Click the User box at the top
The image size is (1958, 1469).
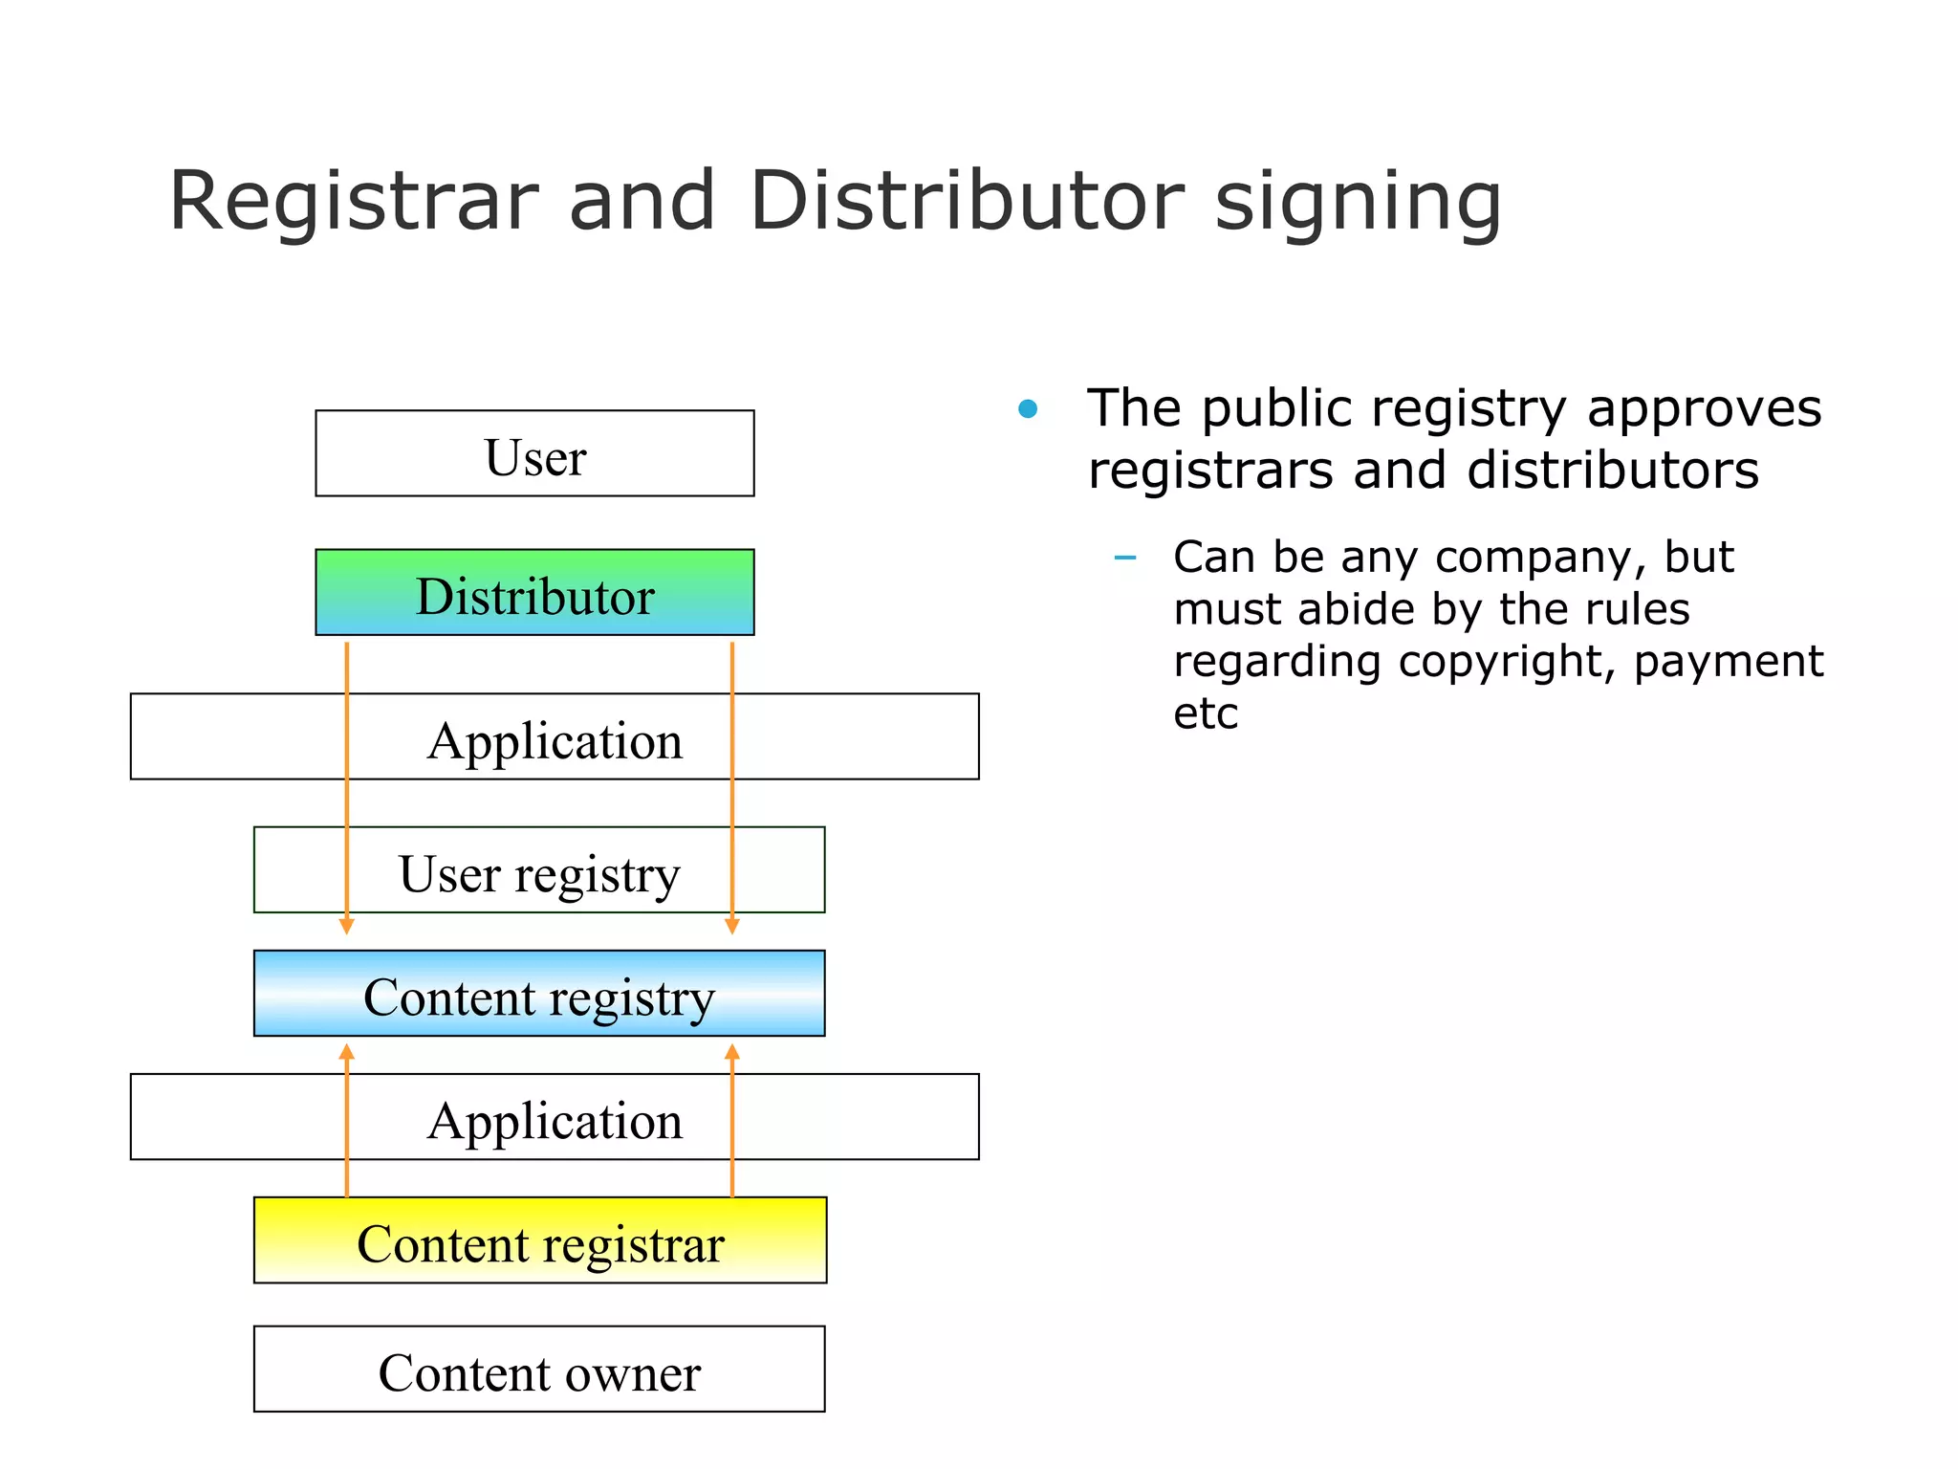[x=534, y=453]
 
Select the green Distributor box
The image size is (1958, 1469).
[x=534, y=593]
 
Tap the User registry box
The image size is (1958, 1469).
[x=538, y=870]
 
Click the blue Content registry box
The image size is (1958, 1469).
[x=538, y=994]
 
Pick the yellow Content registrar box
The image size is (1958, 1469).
[x=539, y=1240]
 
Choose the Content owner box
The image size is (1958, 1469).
[x=538, y=1370]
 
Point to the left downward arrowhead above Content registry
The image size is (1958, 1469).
[x=347, y=926]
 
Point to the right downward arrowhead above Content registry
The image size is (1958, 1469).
[x=732, y=926]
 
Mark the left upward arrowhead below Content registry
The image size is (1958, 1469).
[x=347, y=1052]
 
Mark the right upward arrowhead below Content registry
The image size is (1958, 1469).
[x=732, y=1052]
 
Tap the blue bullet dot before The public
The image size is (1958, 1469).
[x=1028, y=409]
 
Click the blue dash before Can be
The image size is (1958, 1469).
[x=1125, y=558]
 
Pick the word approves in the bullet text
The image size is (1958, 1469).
[x=1704, y=409]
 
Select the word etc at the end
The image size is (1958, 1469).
[x=1205, y=714]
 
